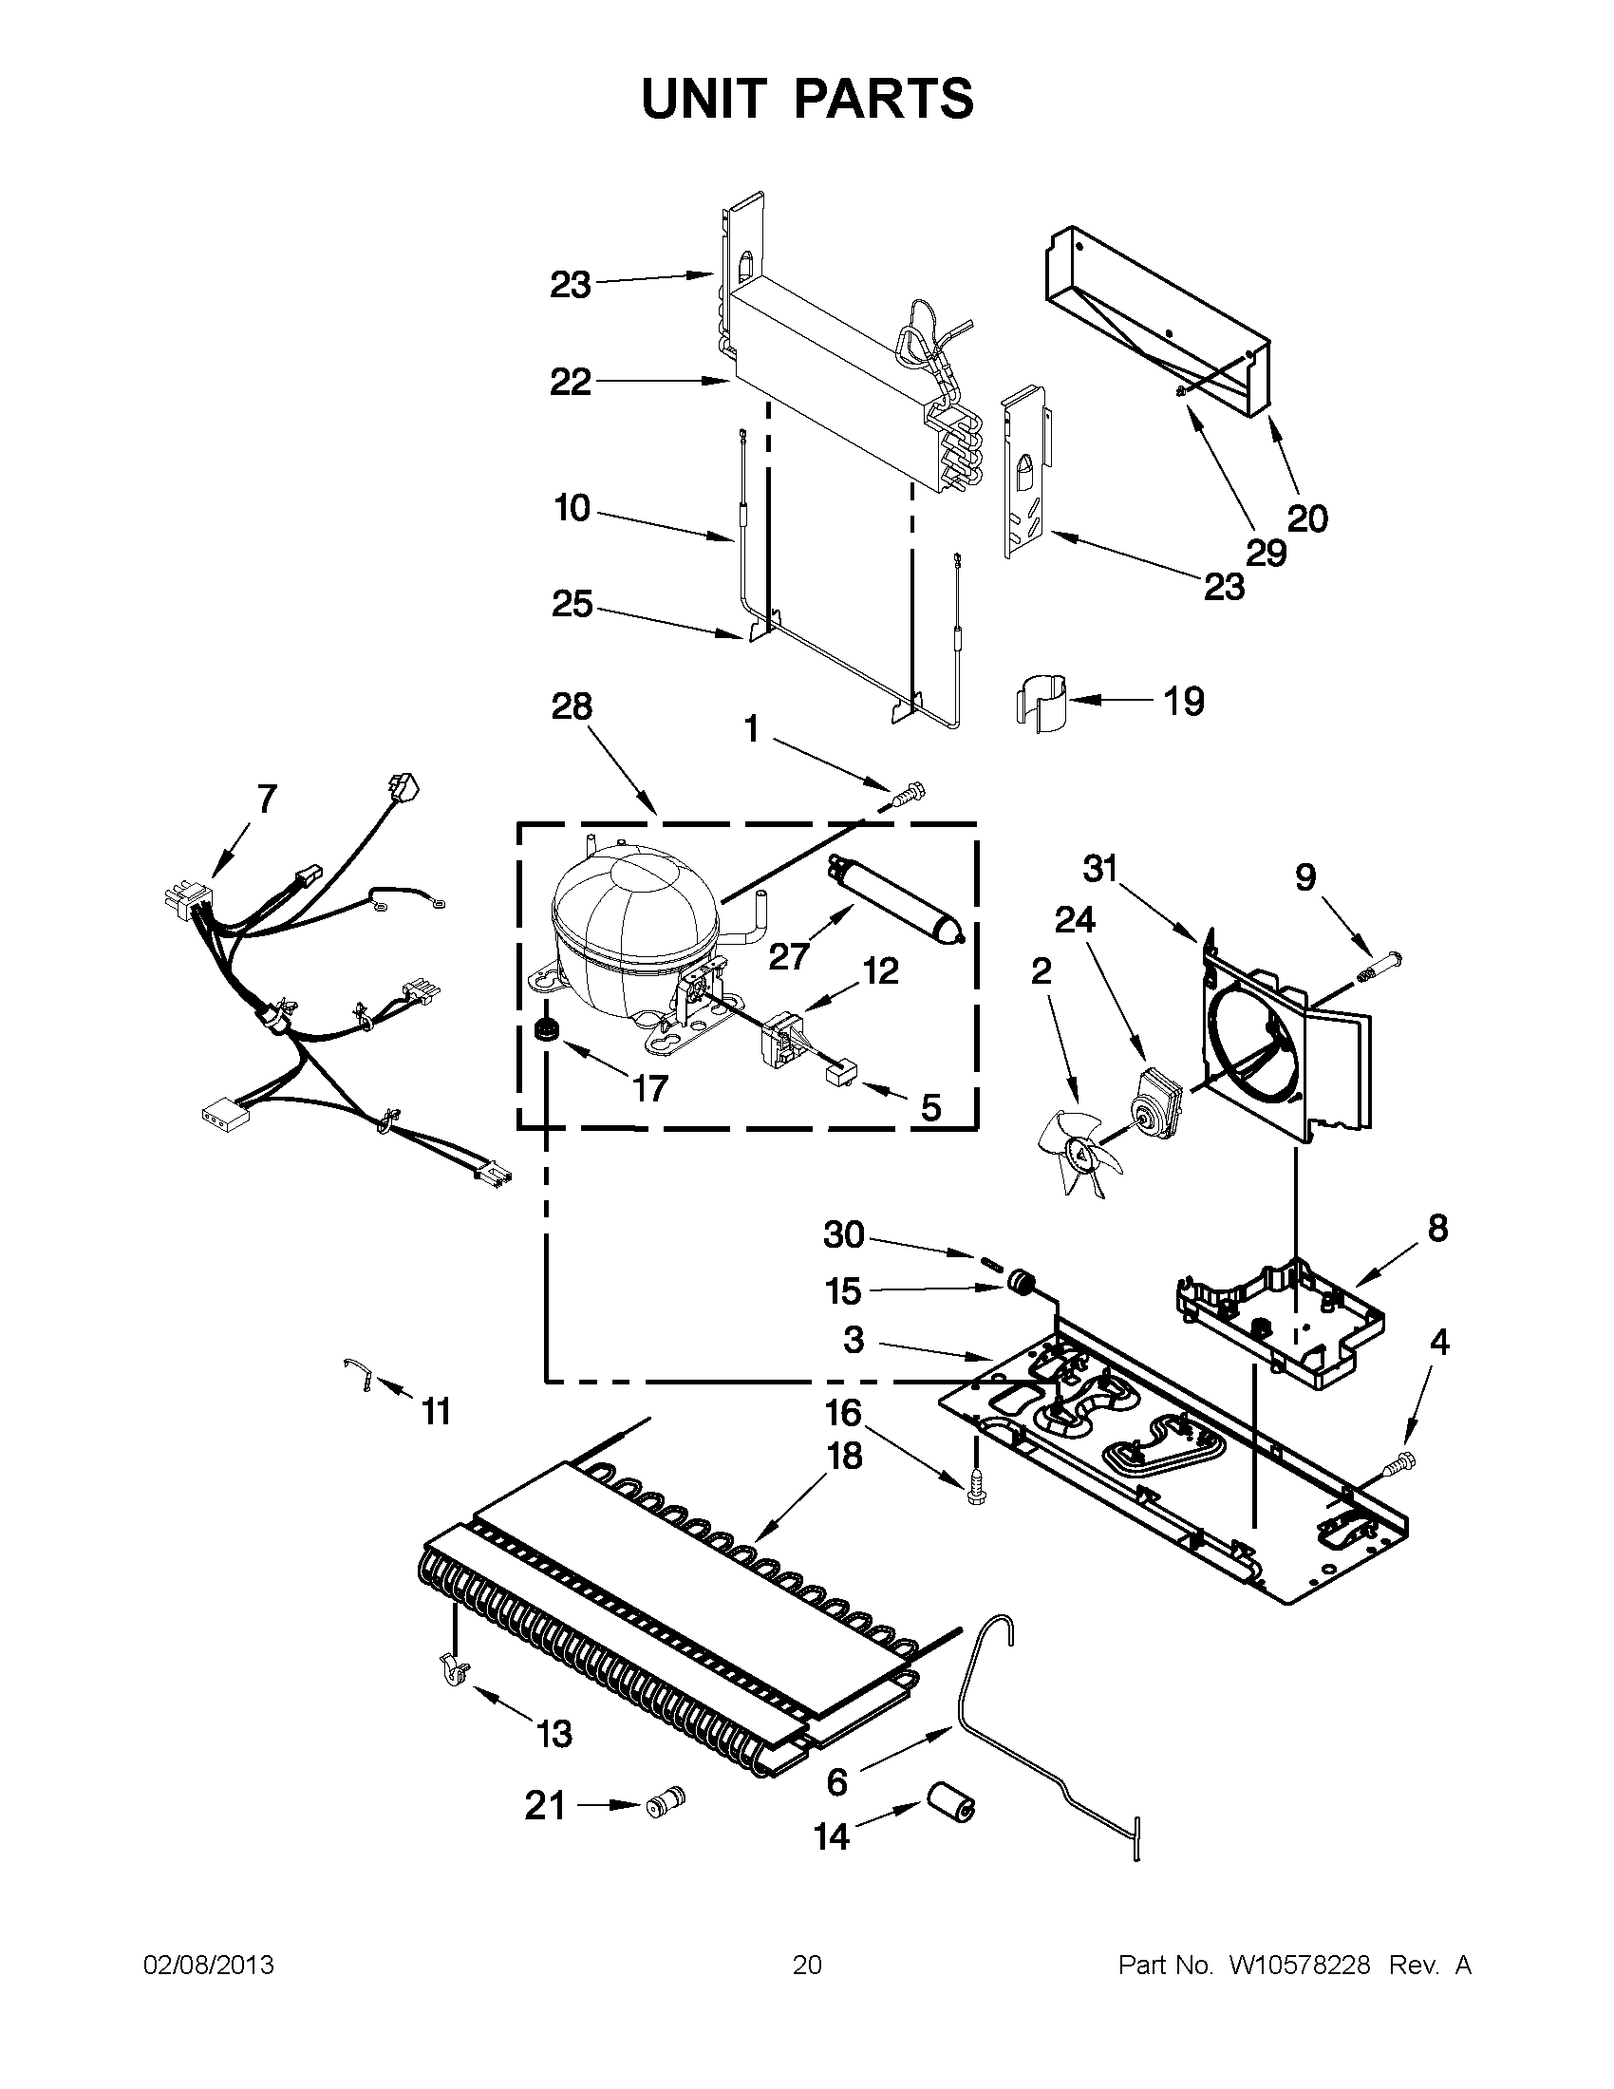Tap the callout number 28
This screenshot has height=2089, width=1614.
[x=572, y=706]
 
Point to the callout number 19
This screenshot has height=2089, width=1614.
[x=1184, y=701]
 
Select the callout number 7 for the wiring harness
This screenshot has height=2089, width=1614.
[x=266, y=797]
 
